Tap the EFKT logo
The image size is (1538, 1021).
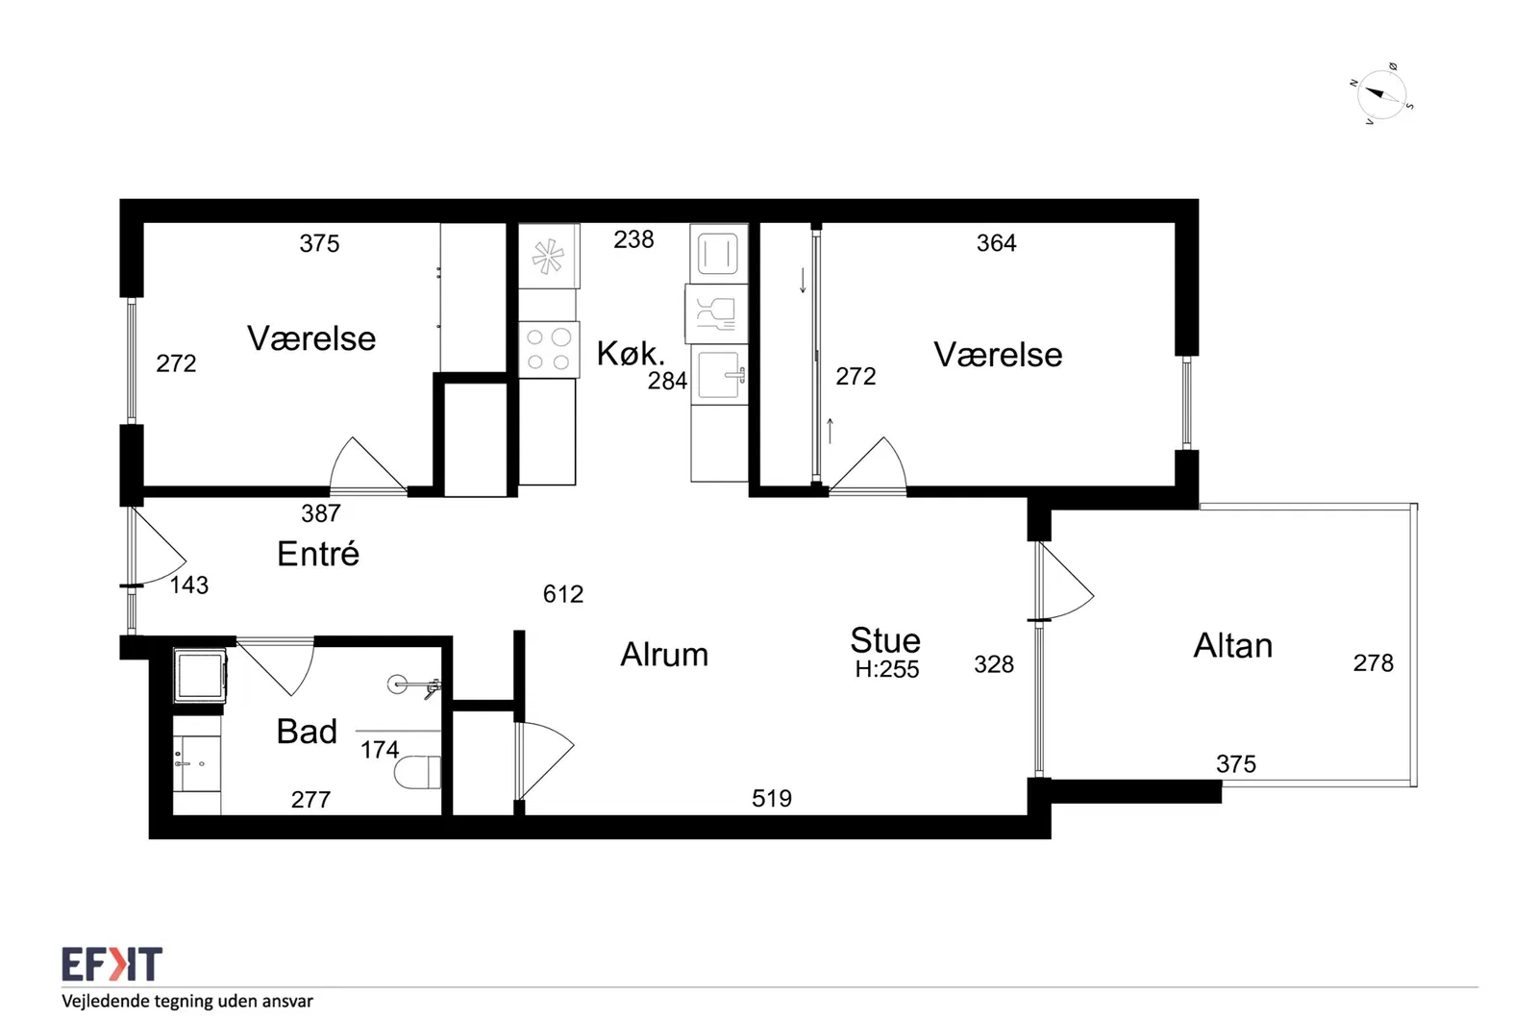[x=112, y=964]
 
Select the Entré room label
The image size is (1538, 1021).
[x=318, y=554]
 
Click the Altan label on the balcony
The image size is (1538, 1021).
[x=1232, y=645]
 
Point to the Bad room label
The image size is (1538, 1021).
[x=307, y=732]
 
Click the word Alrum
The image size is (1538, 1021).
[x=664, y=655]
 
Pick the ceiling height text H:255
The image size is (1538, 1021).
[x=886, y=669]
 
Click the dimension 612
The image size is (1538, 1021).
[x=563, y=594]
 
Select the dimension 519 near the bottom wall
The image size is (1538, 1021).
[x=772, y=798]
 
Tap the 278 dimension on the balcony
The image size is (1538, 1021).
[x=1374, y=662]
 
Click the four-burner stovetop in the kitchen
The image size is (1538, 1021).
[x=549, y=350]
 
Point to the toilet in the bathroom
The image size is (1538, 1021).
[x=417, y=772]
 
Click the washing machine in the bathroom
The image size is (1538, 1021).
[x=200, y=675]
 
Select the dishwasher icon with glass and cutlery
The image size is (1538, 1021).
[x=716, y=314]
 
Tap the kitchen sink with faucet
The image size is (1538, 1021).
[x=719, y=376]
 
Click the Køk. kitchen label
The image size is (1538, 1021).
[x=631, y=354]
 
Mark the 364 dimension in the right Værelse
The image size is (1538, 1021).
[x=996, y=242]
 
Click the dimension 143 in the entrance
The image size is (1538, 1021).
[x=188, y=585]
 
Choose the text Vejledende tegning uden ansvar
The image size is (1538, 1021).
[x=187, y=1001]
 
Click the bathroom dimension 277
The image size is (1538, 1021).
[x=310, y=799]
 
